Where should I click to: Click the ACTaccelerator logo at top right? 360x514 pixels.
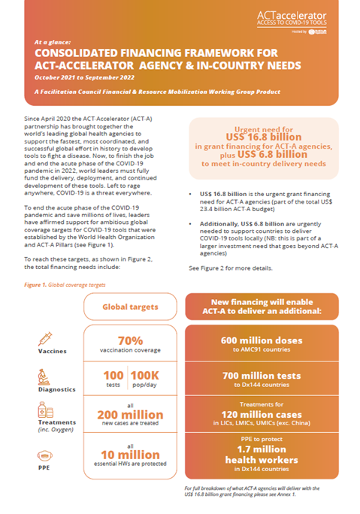click(x=309, y=17)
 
